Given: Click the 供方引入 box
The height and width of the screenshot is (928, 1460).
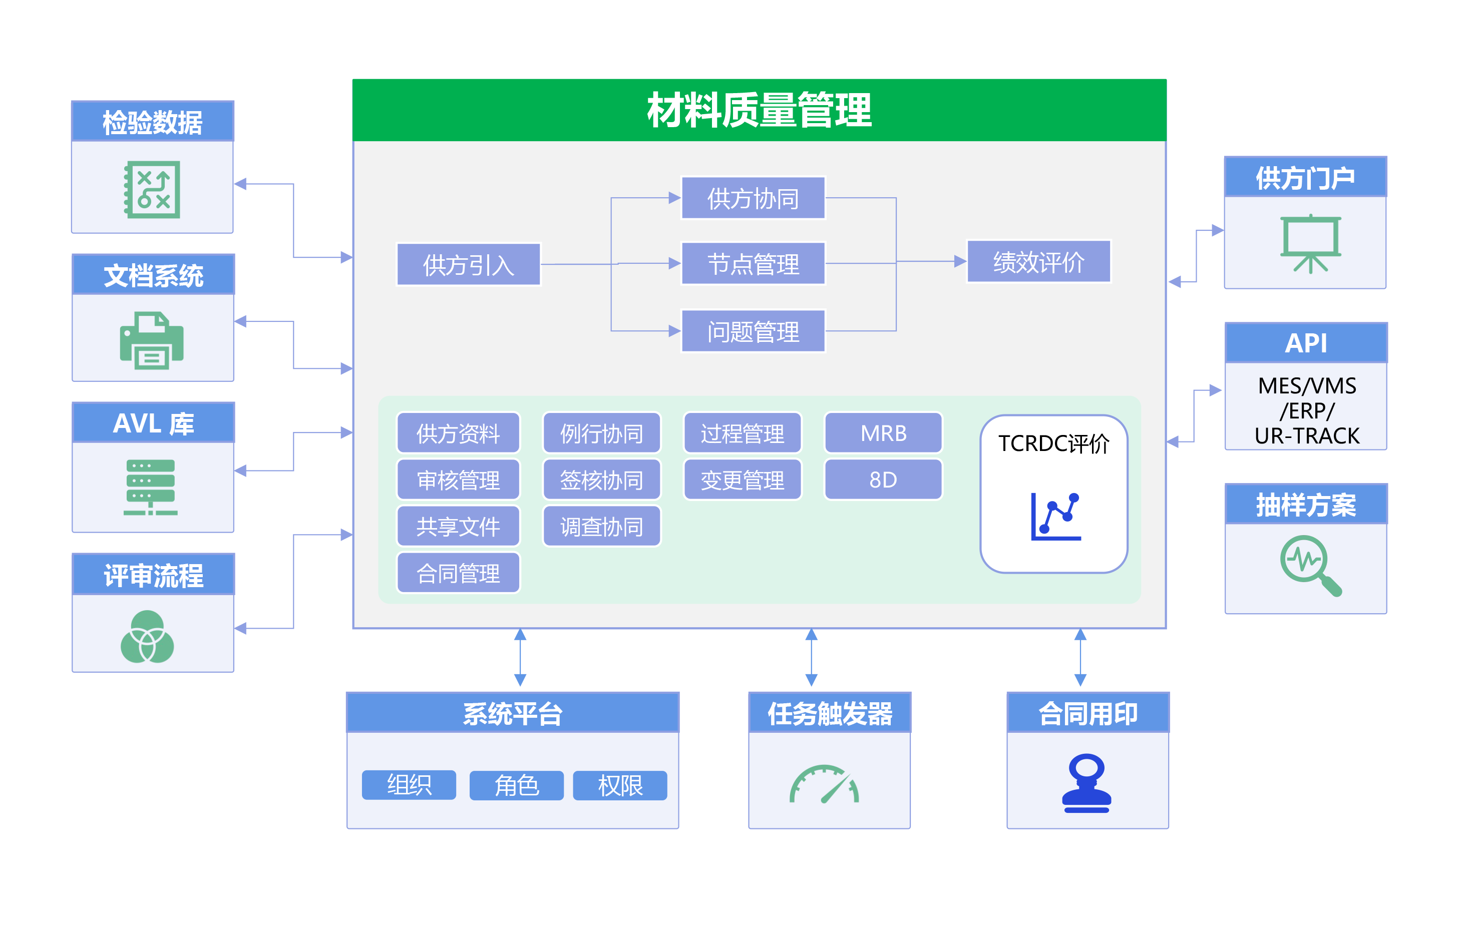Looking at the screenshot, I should [468, 264].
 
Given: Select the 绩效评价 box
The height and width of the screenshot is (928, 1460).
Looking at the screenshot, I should [1038, 262].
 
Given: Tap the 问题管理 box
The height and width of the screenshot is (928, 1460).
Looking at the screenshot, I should [753, 331].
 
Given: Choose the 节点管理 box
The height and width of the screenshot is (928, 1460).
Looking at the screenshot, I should [753, 264].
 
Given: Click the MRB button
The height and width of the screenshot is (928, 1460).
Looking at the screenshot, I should [883, 433].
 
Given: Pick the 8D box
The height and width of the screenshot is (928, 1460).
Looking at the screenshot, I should [883, 480].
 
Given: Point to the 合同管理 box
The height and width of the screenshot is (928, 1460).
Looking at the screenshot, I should [458, 573].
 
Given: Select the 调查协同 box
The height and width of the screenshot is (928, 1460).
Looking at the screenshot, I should [601, 526].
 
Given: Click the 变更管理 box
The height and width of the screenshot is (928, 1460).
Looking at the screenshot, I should [742, 480].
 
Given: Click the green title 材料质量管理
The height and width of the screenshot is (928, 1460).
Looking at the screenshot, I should [759, 110].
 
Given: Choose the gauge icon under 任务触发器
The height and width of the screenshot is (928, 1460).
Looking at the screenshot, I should [824, 784].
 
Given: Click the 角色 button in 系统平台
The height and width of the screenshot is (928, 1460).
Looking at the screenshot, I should [516, 785].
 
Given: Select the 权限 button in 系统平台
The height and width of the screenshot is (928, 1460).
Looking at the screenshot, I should [620, 785].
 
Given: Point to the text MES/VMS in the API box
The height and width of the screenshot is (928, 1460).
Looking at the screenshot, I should [1307, 385].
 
